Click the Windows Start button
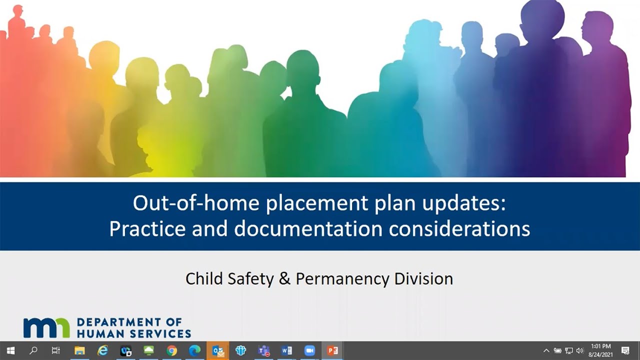pyautogui.click(x=10, y=350)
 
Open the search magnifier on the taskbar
pyautogui.click(x=33, y=350)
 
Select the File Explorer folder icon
pyautogui.click(x=79, y=350)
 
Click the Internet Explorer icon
pyautogui.click(x=102, y=350)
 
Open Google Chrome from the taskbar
pyautogui.click(x=171, y=350)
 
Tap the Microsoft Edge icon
pyautogui.click(x=194, y=350)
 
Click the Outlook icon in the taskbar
pyautogui.click(x=218, y=350)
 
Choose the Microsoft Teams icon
pyautogui.click(x=263, y=350)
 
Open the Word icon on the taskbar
pyautogui.click(x=286, y=350)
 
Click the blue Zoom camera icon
pyautogui.click(x=309, y=350)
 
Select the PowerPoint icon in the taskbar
pyautogui.click(x=332, y=350)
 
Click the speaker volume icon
pyautogui.click(x=580, y=350)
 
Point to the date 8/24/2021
pyautogui.click(x=600, y=354)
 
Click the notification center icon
pyautogui.click(x=625, y=350)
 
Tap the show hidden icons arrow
pyautogui.click(x=546, y=350)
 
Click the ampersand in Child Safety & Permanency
pyautogui.click(x=284, y=278)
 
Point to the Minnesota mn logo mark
pyautogui.click(x=46, y=327)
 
